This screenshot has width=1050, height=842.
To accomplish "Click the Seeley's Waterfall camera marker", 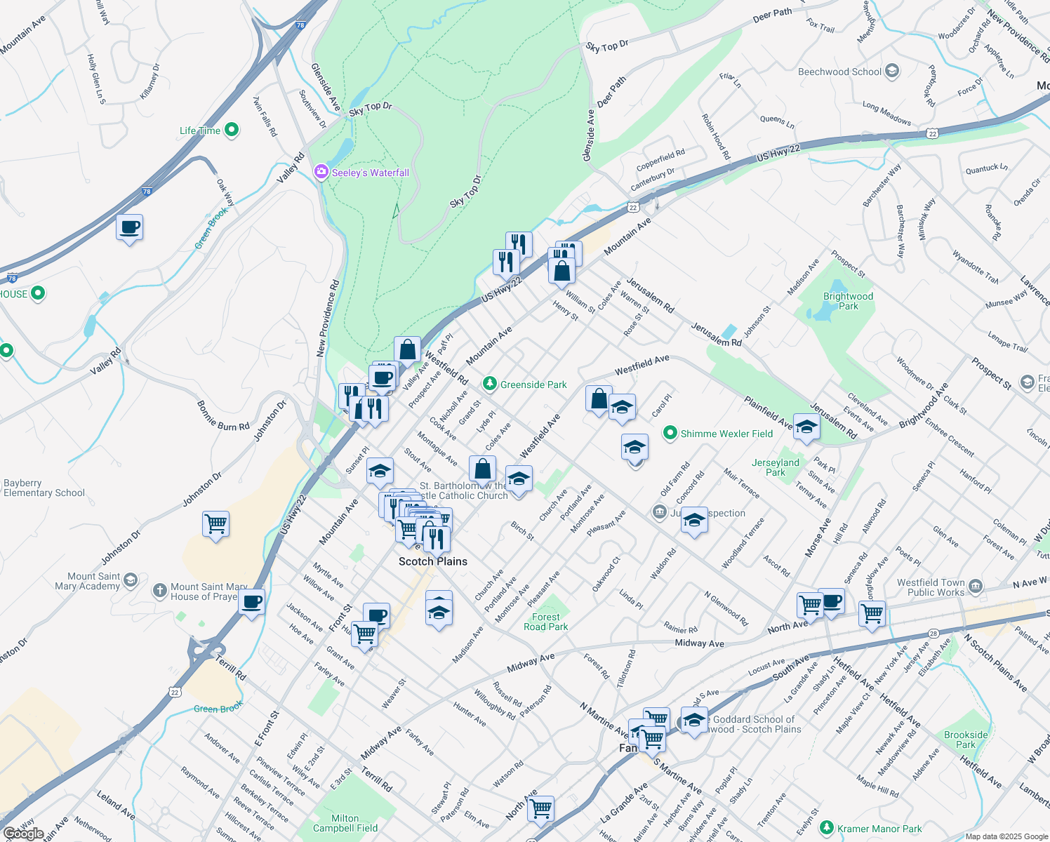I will [x=321, y=172].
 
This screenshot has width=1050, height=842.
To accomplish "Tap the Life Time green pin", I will [x=232, y=130].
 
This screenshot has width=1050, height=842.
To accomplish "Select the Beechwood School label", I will [x=839, y=72].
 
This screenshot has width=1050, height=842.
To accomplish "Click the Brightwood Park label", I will [x=848, y=301].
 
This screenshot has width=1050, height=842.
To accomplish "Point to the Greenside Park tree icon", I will [x=490, y=384].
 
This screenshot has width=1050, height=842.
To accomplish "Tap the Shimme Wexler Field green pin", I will [x=670, y=433].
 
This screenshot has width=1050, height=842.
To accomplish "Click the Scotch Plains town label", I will [x=433, y=561].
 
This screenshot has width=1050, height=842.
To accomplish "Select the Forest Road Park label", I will [x=545, y=622].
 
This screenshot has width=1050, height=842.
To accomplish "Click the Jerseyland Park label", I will [x=775, y=467].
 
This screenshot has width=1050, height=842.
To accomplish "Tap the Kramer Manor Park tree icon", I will [x=826, y=829].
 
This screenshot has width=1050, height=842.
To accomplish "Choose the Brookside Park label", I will [x=966, y=740].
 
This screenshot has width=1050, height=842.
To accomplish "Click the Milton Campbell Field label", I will [x=345, y=823].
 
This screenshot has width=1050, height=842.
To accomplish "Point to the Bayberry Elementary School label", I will [x=44, y=488].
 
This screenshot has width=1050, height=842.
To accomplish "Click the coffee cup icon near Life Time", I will [x=130, y=228].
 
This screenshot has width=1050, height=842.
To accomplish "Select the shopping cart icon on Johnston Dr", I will [x=215, y=523].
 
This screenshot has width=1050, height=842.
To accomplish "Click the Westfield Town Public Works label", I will [x=931, y=587].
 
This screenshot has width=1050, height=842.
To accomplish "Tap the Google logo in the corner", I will [x=23, y=834].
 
